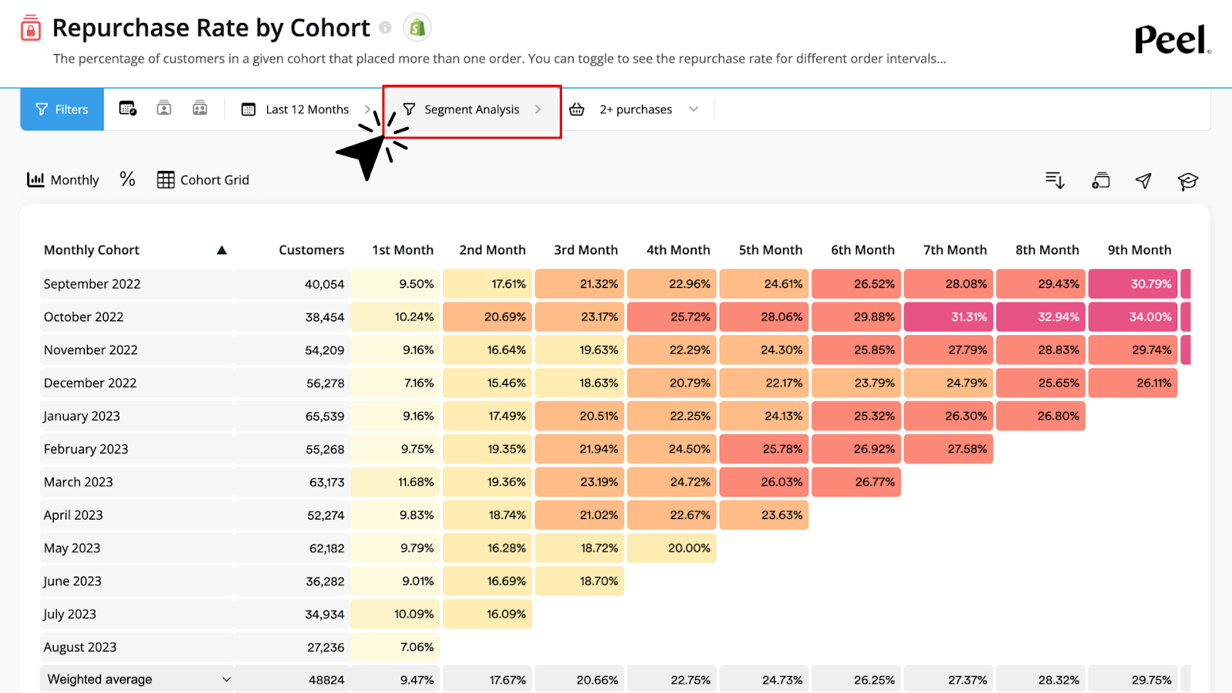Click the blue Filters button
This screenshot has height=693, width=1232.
pyautogui.click(x=62, y=109)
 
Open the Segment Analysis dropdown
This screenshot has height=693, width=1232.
pyautogui.click(x=472, y=109)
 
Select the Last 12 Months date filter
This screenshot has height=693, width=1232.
pyautogui.click(x=306, y=109)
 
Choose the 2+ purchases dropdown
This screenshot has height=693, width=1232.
pyautogui.click(x=636, y=109)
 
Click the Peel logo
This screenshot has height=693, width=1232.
pyautogui.click(x=1171, y=39)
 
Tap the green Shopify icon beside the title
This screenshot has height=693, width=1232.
pyautogui.click(x=417, y=28)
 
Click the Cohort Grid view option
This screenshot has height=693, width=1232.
pyautogui.click(x=203, y=179)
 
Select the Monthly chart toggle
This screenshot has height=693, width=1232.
pyautogui.click(x=63, y=179)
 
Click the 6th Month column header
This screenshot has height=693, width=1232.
pyautogui.click(x=862, y=249)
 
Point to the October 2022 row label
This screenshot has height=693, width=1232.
pyautogui.click(x=84, y=316)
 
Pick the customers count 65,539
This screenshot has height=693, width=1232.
pyautogui.click(x=324, y=416)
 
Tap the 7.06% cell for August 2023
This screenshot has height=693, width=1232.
pyautogui.click(x=417, y=647)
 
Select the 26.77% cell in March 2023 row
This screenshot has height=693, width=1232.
pyautogui.click(x=874, y=482)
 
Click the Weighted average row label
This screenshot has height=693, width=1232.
pyautogui.click(x=100, y=679)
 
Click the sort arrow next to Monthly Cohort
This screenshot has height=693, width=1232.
pyautogui.click(x=222, y=249)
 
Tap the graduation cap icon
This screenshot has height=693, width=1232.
pyautogui.click(x=1187, y=181)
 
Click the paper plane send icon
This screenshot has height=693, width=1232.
pyautogui.click(x=1143, y=180)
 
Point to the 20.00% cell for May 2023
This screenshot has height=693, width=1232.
pyautogui.click(x=689, y=548)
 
